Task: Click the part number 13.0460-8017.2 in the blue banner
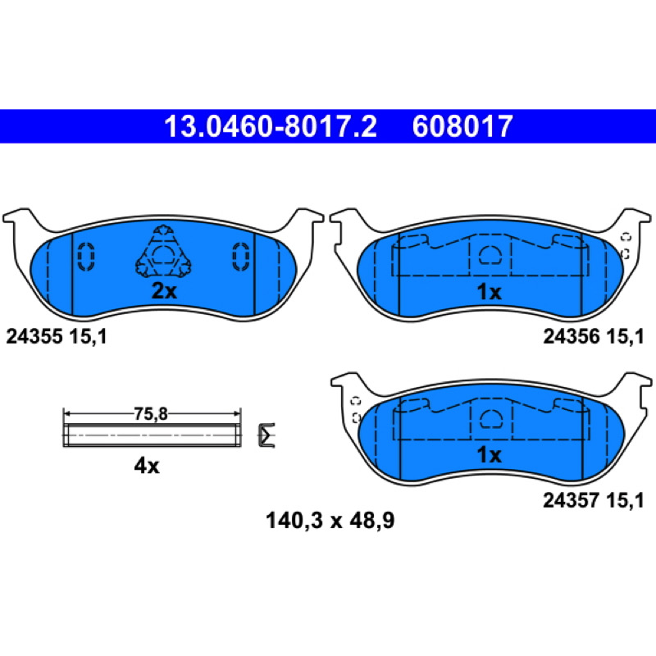[x=271, y=126]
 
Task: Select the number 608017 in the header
[x=462, y=126]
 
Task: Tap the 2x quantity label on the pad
[x=164, y=291]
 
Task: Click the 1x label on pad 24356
[x=489, y=292]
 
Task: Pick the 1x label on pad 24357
[x=489, y=455]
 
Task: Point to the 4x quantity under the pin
[x=147, y=466]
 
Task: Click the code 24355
[x=34, y=336]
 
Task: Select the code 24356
[x=572, y=336]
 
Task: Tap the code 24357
[x=572, y=500]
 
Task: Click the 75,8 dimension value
[x=151, y=414]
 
